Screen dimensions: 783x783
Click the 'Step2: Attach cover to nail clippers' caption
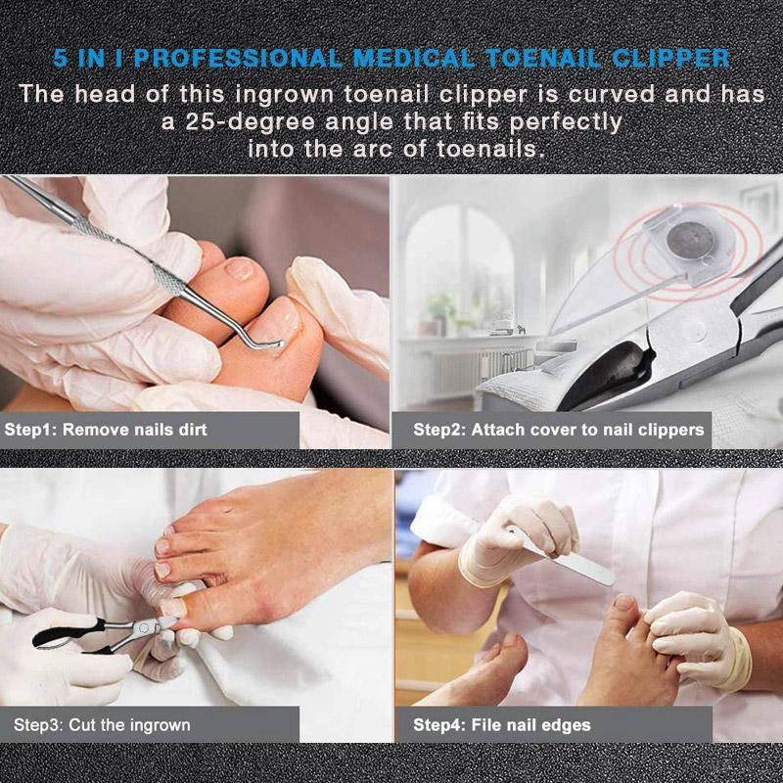tap(558, 430)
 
